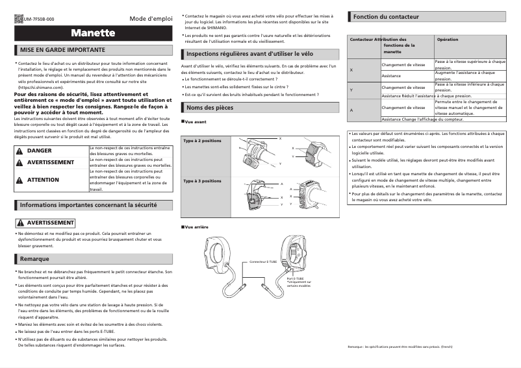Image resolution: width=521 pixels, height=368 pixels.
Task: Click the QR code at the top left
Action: (x=18, y=19)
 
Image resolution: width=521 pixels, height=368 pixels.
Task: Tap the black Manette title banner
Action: (x=94, y=33)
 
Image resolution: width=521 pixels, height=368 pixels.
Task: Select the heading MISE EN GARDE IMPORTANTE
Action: (x=62, y=49)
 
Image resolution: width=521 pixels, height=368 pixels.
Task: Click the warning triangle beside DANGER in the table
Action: (x=19, y=151)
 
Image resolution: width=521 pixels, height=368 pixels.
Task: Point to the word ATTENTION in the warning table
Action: (x=43, y=180)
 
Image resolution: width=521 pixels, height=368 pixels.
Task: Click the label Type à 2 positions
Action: (x=202, y=141)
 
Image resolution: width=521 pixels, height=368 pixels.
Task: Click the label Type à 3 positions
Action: (x=202, y=181)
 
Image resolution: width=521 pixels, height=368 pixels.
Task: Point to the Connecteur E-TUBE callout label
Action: (x=263, y=262)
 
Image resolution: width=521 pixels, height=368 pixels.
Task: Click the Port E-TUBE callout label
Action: (x=295, y=278)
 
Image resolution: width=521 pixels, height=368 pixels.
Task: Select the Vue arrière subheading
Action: (x=196, y=227)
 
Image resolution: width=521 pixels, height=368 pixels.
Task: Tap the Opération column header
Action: (x=448, y=40)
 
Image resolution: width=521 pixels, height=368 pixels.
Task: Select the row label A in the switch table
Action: (x=351, y=109)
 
